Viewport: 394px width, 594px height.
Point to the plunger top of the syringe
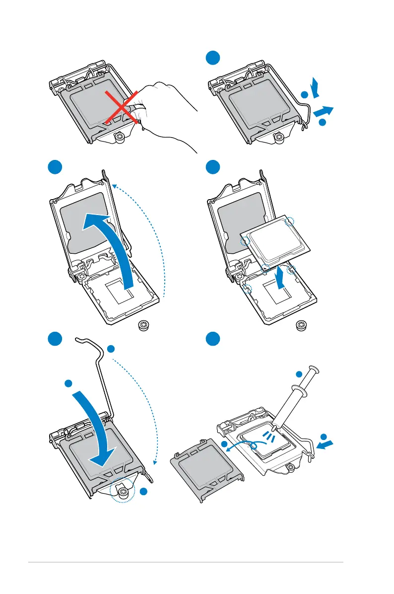(314, 370)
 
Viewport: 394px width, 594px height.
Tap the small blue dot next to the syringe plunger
(299, 374)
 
